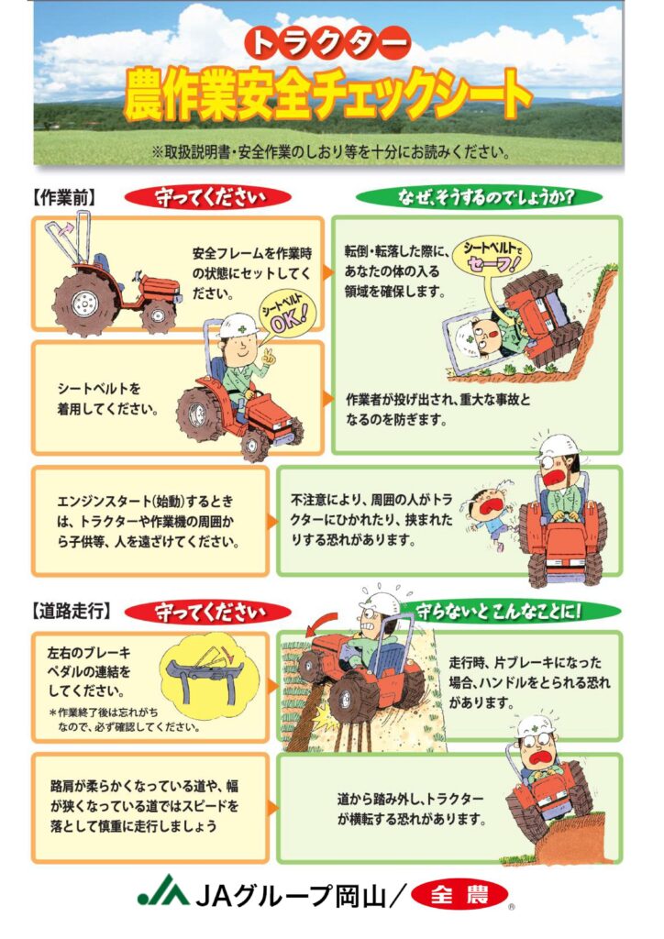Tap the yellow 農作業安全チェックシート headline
327,95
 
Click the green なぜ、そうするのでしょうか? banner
479,197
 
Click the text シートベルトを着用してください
108,399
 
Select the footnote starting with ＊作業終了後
125,720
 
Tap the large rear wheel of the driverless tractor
83,300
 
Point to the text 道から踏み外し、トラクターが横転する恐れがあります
411,809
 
